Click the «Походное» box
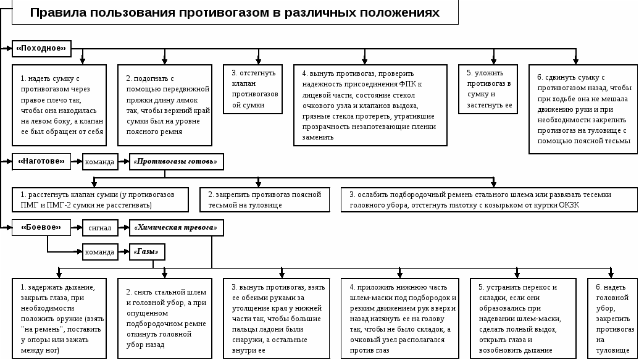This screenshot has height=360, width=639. pos(41,49)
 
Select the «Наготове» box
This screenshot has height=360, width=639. pos(41,161)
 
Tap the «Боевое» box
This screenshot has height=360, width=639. pos(41,227)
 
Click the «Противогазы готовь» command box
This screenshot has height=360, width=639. pos(177,161)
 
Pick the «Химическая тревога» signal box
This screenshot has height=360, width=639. pos(177,227)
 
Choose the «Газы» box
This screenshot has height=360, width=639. pos(147,252)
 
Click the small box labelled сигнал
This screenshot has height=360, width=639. pos(100,227)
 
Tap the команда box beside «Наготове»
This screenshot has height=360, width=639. pos(100,162)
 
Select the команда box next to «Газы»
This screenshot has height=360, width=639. pos(100,252)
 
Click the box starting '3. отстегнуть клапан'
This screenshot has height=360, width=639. pos(253,89)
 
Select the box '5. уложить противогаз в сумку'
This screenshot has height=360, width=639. pos(488,89)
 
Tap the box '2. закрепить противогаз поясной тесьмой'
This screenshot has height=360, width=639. pos(264,200)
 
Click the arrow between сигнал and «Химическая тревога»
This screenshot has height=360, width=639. pos(124,227)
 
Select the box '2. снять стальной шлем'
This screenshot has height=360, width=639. pos(165,319)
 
